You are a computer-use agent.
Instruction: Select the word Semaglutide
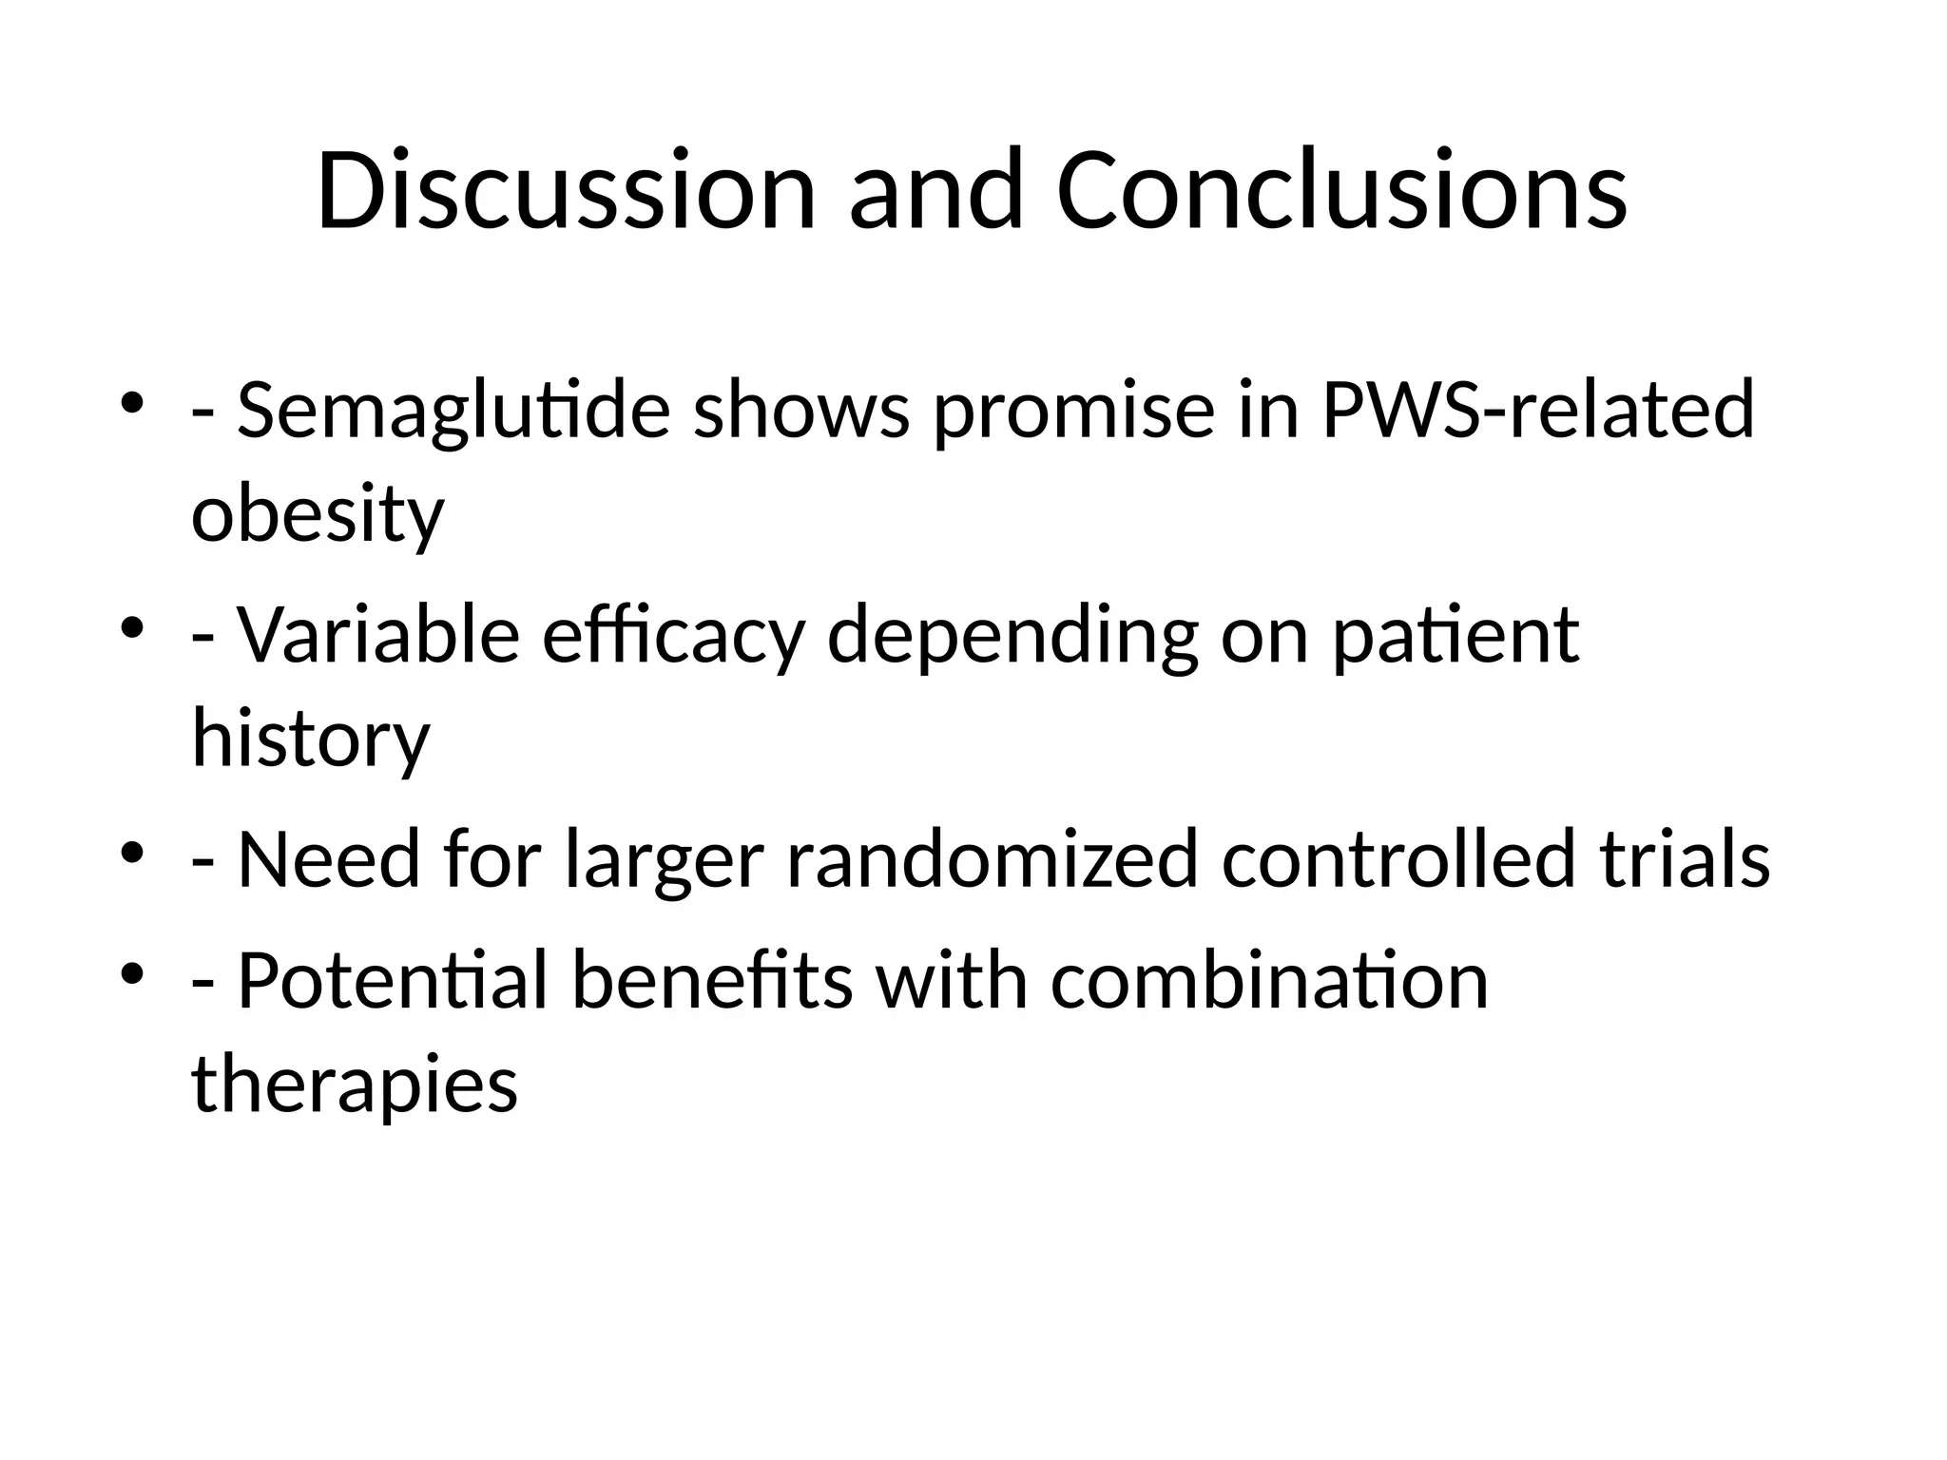pyautogui.click(x=453, y=410)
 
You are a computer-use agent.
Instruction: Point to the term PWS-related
pyautogui.click(x=1537, y=410)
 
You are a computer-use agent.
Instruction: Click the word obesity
pyautogui.click(x=318, y=514)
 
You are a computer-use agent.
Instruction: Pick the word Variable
pyautogui.click(x=377, y=634)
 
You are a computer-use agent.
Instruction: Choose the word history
pyautogui.click(x=311, y=739)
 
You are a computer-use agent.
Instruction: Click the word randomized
pyautogui.click(x=992, y=858)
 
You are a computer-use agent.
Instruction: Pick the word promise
pyautogui.click(x=1073, y=410)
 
